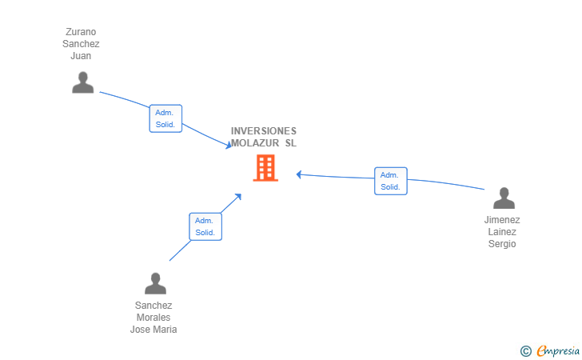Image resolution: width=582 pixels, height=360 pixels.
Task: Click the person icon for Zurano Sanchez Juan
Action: pos(83,82)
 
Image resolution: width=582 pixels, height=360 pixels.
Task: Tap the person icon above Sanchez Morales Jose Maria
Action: pos(156,283)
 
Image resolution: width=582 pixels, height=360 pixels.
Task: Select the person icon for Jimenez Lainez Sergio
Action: pos(504,198)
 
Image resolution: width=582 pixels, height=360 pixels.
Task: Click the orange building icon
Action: pos(265,168)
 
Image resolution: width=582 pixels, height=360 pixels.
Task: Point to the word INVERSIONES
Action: pos(264,131)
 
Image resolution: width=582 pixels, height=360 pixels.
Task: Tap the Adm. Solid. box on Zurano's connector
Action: pos(165,118)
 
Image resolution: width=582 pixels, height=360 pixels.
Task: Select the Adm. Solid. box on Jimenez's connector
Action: pos(391,181)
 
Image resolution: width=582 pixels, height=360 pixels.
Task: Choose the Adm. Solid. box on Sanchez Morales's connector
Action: pos(205,226)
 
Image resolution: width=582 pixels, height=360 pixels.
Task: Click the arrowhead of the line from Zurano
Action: pos(229,145)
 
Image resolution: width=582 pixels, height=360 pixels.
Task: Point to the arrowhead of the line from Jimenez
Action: pos(299,174)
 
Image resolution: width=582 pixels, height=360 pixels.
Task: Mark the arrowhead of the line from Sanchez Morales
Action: pos(238,197)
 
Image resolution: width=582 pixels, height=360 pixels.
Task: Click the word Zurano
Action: pos(81,32)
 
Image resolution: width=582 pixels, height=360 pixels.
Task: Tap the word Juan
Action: pos(81,56)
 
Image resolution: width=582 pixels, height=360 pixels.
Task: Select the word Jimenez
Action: pos(502,220)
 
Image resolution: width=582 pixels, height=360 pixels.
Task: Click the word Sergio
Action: pos(502,244)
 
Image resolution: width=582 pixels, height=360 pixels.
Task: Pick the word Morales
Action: pos(153,318)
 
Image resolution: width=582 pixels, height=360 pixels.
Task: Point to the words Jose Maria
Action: pos(153,330)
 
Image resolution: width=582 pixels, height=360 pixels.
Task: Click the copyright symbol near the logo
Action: pos(526,351)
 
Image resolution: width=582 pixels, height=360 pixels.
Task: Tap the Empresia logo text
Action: pos(558,350)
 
